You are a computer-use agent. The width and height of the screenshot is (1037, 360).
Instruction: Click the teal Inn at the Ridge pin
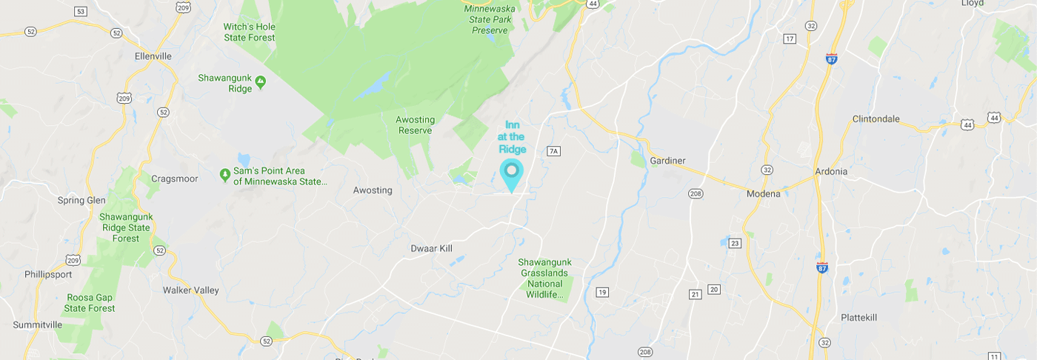point(511,173)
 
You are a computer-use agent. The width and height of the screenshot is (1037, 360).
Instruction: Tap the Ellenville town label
point(153,56)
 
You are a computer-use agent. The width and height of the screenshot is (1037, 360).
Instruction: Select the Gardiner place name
point(667,161)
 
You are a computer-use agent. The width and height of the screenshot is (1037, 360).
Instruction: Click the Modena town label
point(763,194)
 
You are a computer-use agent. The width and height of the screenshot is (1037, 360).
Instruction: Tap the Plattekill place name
point(858,317)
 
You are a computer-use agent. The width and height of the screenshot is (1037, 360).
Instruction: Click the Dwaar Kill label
point(431,249)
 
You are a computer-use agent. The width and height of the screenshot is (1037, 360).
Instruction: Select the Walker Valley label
point(190,290)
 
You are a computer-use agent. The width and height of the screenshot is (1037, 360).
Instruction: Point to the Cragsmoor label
point(172,179)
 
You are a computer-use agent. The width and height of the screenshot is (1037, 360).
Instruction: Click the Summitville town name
point(38,324)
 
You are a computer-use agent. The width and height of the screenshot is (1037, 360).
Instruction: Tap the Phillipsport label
point(49,274)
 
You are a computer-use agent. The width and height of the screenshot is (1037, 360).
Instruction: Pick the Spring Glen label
point(81,200)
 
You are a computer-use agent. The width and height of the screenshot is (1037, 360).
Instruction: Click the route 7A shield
point(553,151)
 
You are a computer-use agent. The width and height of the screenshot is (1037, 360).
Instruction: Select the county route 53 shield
point(81,11)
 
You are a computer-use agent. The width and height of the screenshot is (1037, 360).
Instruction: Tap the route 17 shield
point(790,39)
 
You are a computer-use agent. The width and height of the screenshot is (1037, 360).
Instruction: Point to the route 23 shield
point(735,243)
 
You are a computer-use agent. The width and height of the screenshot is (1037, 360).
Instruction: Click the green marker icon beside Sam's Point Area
point(225,175)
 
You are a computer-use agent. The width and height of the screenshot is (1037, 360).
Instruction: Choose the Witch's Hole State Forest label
point(249,32)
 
